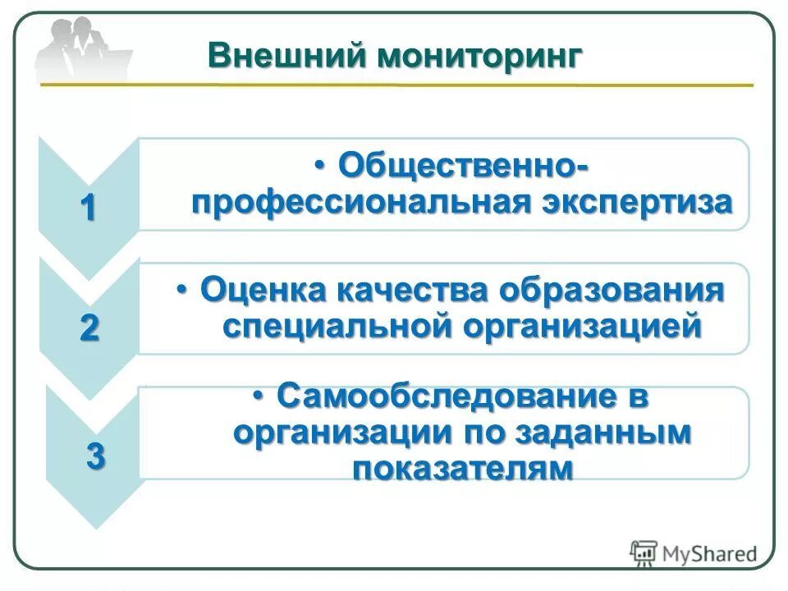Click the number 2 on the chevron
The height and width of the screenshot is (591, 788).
point(89,329)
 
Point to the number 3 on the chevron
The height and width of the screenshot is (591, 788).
point(96,456)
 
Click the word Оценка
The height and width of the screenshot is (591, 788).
point(263,290)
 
